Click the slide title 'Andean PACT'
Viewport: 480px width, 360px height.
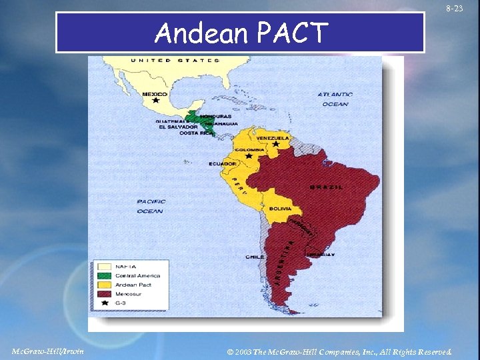tap(241, 32)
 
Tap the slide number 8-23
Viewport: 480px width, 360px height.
tap(455, 9)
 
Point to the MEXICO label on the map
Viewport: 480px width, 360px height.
tap(155, 95)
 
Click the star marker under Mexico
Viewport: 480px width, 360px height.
tap(156, 101)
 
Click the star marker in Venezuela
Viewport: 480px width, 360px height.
tap(276, 144)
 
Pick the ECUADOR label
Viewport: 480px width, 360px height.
tap(222, 163)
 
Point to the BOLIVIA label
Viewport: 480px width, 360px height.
tap(280, 209)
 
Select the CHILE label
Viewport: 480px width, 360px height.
tap(255, 257)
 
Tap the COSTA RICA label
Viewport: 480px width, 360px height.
tap(197, 133)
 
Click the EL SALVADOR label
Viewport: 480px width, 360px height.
tap(178, 127)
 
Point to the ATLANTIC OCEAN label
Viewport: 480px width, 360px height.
tap(335, 99)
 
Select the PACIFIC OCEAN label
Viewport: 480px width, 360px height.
tap(150, 206)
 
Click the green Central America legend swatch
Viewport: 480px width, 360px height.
tap(103, 275)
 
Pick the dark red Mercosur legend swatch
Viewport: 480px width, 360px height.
tap(103, 293)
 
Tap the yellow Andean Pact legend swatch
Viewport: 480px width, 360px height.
tap(103, 285)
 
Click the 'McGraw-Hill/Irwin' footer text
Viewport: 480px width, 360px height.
tap(48, 351)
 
